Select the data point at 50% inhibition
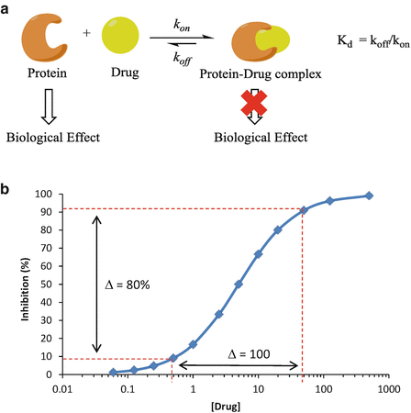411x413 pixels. tap(239, 285)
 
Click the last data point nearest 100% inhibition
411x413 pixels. tap(369, 195)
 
